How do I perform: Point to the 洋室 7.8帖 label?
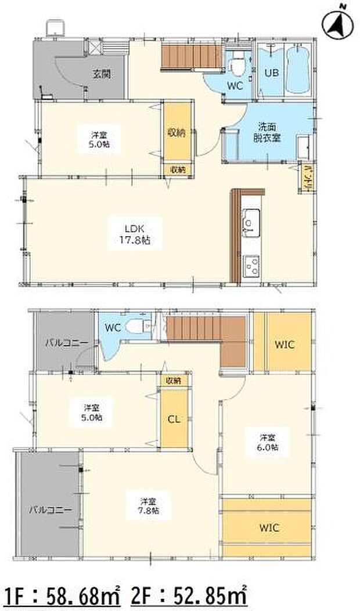[148, 505]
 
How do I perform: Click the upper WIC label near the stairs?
[285, 345]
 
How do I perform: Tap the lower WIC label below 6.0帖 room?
[269, 527]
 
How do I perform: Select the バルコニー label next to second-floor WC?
[67, 343]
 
